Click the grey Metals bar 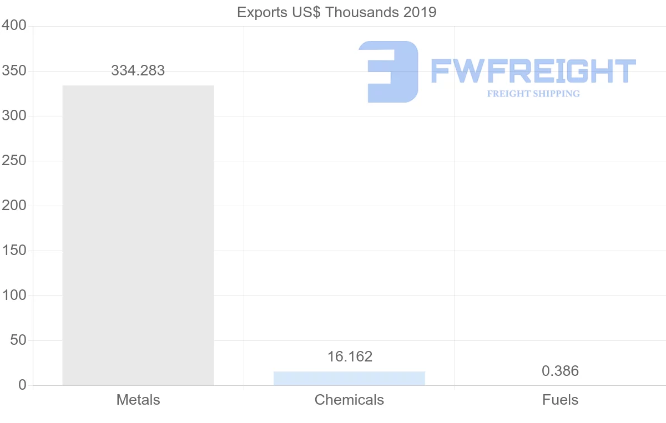pos(138,235)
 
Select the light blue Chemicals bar pos(349,378)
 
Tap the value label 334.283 pos(138,70)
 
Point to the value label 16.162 pos(350,356)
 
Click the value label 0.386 pos(560,371)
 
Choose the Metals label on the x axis pos(138,400)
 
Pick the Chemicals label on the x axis pos(349,400)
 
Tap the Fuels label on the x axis pos(560,400)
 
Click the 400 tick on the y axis pos(14,26)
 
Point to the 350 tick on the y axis pos(14,71)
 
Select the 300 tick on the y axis pos(14,116)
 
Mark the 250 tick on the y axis pos(14,161)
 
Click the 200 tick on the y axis pos(14,206)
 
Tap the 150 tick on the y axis pos(14,251)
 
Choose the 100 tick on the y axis pos(14,295)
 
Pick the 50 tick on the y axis pos(18,340)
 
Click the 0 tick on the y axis pos(22,385)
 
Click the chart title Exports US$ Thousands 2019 pos(337,12)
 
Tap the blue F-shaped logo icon pos(389,72)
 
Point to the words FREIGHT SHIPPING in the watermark pos(533,94)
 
